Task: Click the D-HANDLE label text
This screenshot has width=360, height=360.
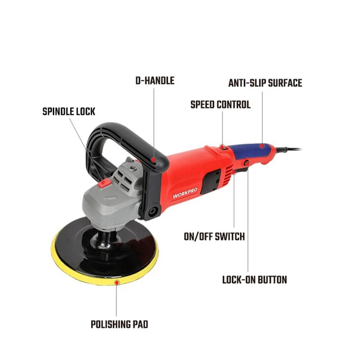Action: (155, 80)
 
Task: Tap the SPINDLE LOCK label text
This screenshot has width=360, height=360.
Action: (69, 111)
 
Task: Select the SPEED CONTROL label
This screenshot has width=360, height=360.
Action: (220, 105)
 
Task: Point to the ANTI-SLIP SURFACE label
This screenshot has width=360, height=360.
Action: (265, 83)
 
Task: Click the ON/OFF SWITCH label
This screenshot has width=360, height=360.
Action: (214, 237)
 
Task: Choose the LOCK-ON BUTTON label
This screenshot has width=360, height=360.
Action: (254, 280)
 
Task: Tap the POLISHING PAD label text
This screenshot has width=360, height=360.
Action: (119, 324)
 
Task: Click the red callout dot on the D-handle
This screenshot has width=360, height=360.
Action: (154, 160)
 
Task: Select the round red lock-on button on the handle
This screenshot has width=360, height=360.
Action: (246, 163)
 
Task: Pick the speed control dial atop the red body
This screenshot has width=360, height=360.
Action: (222, 146)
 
